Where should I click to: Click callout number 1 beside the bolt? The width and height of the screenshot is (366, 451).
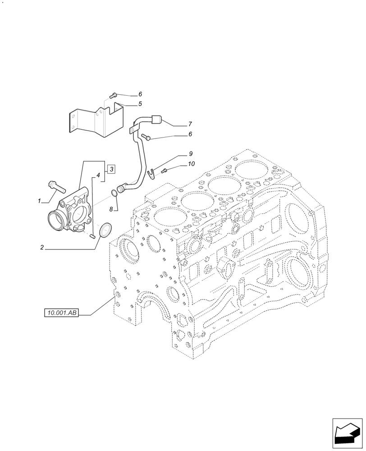point(39,201)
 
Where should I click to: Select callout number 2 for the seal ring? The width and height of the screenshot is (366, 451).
point(41,247)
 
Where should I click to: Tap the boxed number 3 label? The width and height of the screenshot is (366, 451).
point(111,169)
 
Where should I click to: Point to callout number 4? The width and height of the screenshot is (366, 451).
point(97,175)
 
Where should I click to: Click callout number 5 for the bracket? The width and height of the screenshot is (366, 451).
point(140,104)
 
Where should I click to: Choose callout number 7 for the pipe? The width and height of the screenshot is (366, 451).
point(190,124)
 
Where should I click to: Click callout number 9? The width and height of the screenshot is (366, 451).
point(191,154)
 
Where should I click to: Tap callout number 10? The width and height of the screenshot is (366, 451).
point(191,164)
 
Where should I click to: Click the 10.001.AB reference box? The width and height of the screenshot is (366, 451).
point(62,313)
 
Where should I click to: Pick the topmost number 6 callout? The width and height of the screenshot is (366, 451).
point(140,94)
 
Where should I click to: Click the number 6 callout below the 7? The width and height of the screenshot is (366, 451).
point(190,134)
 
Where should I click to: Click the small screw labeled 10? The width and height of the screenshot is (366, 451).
point(165,170)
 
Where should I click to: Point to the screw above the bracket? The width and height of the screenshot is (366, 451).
point(114,95)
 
